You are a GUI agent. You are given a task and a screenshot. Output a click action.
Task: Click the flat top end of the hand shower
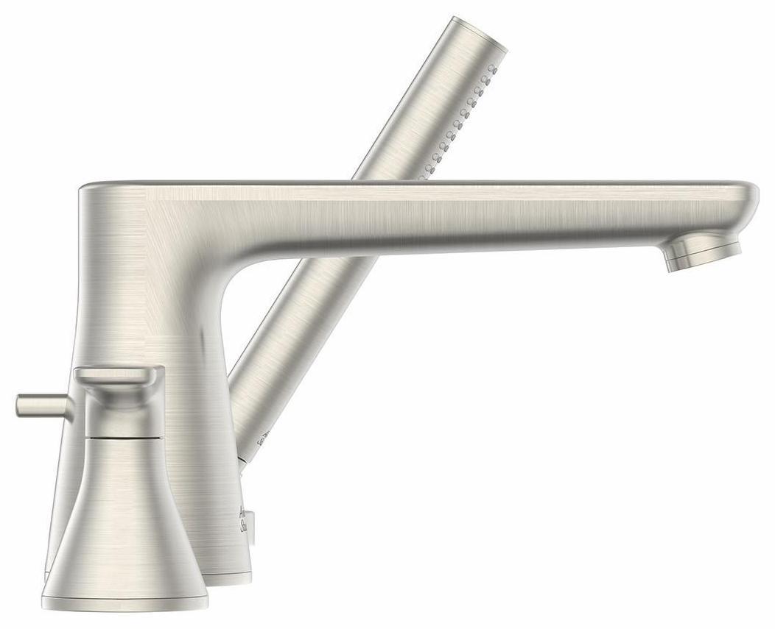(480, 33)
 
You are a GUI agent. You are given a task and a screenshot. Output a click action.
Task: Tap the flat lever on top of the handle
(118, 376)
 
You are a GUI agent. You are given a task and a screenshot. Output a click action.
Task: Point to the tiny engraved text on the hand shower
(263, 439)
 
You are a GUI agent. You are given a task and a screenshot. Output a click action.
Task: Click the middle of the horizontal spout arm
(457, 213)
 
